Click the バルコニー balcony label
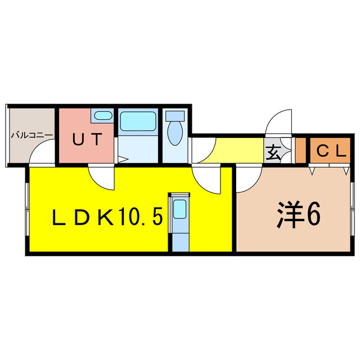[x=32, y=135]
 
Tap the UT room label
[x=87, y=139]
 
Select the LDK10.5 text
[x=107, y=216]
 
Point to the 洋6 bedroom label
[x=299, y=214]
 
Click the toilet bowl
[x=175, y=133]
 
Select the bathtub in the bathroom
[x=138, y=121]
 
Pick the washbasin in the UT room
[x=103, y=115]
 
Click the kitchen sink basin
[x=179, y=209]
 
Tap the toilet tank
[x=175, y=116]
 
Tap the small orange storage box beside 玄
[x=301, y=150]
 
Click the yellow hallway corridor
[x=238, y=150]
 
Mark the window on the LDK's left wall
[x=28, y=209]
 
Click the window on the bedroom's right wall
[x=353, y=209]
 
